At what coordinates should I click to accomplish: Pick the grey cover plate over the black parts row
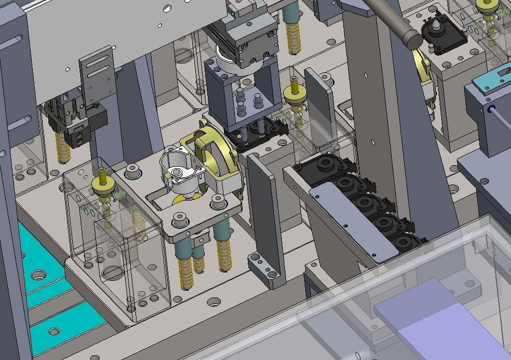(x=354, y=224)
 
